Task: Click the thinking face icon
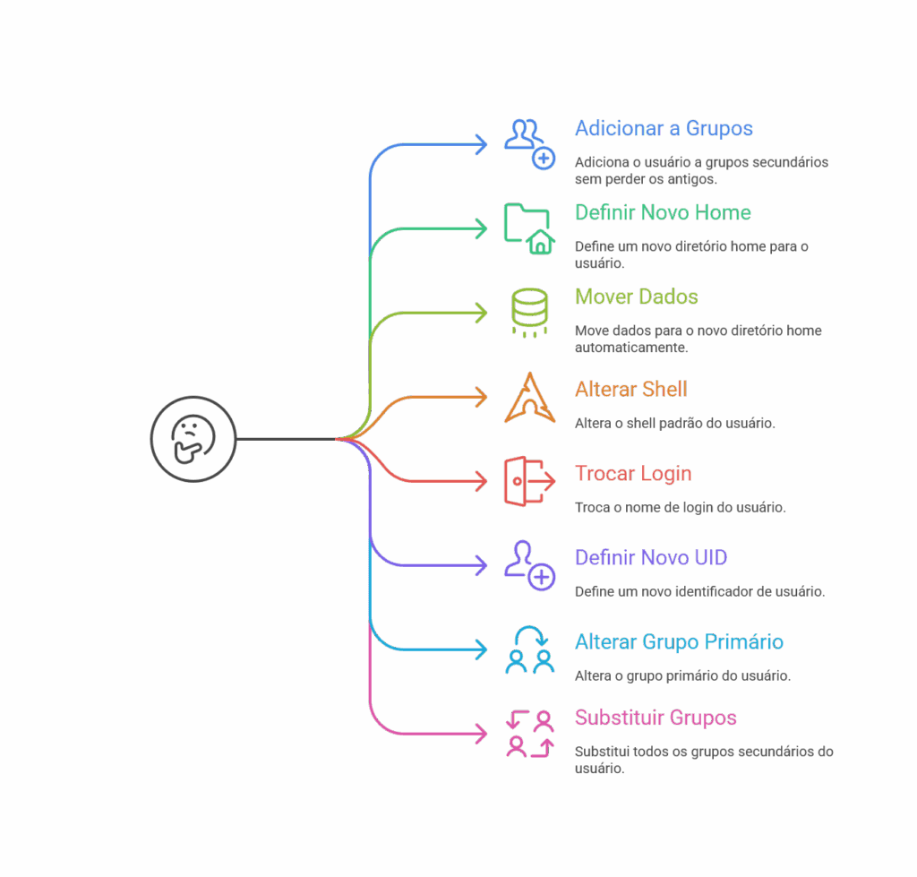(193, 438)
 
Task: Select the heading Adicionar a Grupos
(664, 128)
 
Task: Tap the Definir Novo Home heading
(663, 212)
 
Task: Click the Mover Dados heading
(636, 297)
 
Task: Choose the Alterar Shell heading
(630, 390)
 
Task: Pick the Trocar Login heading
(633, 474)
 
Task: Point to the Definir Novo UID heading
(651, 558)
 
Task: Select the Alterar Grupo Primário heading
(679, 642)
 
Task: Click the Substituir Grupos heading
(656, 718)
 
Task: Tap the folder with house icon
(528, 228)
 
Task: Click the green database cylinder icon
(529, 312)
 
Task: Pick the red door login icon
(528, 481)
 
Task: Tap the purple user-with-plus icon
(529, 565)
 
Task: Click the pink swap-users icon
(529, 734)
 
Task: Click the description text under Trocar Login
(680, 507)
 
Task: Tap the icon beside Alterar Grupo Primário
(529, 649)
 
